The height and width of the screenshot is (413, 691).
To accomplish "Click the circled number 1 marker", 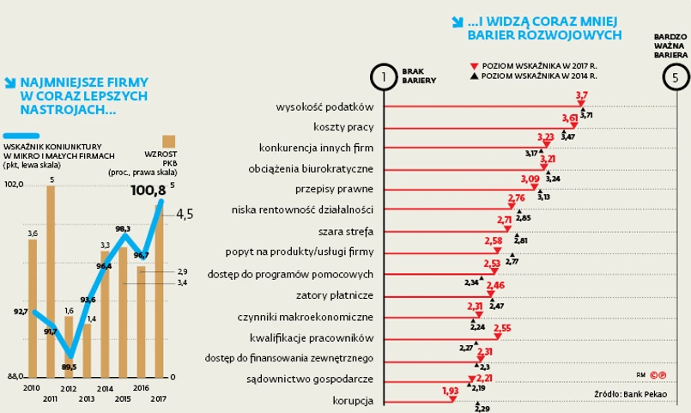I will (x=384, y=77).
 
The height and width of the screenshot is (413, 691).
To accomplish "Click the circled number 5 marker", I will (x=676, y=77).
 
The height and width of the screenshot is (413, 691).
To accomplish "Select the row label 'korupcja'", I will (x=353, y=400).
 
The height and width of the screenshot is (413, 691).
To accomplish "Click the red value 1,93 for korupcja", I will (x=450, y=392).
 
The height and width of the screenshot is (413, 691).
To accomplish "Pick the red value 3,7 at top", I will (x=581, y=95).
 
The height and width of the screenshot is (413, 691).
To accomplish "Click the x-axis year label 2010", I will (x=31, y=389).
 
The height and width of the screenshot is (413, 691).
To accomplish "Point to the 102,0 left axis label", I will (x=14, y=185).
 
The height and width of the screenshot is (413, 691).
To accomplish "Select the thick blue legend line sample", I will (x=21, y=135).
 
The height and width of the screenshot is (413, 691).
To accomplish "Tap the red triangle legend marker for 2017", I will (x=473, y=65).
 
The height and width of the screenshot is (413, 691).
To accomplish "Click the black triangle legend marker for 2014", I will (x=473, y=76).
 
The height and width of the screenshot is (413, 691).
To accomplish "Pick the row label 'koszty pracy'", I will (x=343, y=127).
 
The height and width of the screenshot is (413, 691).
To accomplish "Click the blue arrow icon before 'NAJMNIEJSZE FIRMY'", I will (x=10, y=83).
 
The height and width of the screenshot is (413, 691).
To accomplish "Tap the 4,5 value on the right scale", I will (x=185, y=215).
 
